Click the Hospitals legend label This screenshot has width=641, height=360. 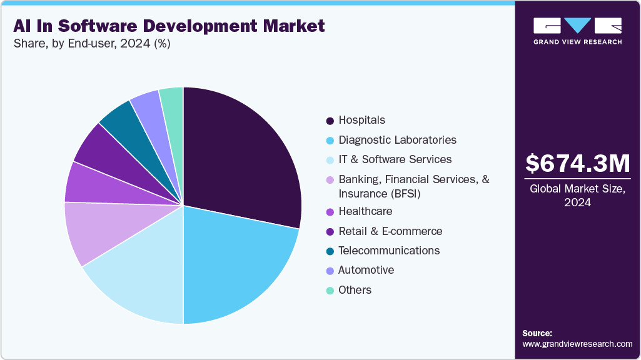pos(361,120)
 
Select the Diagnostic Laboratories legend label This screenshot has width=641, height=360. pos(397,140)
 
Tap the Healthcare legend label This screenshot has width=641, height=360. pos(365,211)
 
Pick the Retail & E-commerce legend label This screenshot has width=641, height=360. pos(390,231)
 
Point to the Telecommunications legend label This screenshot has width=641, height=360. pos(389,251)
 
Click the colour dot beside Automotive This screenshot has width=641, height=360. pos(330,271)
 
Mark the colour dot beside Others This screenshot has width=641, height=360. pos(330,291)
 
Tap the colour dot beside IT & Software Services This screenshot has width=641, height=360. pos(330,160)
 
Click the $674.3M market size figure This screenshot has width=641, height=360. pos(577,164)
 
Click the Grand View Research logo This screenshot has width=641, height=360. pos(577,31)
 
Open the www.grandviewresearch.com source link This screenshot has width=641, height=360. pos(577,344)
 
